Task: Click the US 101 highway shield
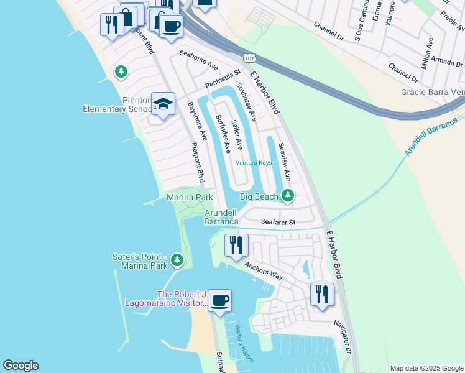point(249,58)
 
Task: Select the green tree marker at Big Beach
point(287,196)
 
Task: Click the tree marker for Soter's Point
point(177,260)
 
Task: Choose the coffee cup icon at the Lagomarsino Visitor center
point(219,302)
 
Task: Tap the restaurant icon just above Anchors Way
point(236,245)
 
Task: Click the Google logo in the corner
point(21,366)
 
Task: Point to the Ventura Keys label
point(254,163)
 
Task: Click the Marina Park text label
point(190,197)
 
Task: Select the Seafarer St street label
point(278,222)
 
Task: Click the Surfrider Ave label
point(223,133)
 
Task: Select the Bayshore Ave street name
point(196,121)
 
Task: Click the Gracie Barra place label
point(433,92)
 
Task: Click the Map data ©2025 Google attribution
point(426,368)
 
